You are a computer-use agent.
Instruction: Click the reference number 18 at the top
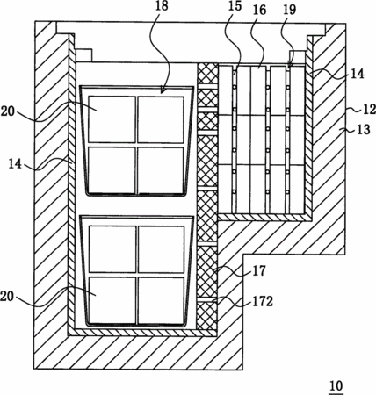tap(162, 6)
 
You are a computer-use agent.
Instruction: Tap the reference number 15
tap(235, 6)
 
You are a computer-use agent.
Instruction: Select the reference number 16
tap(259, 10)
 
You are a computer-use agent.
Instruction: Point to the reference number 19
tap(289, 9)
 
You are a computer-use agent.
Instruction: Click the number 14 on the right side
tap(358, 74)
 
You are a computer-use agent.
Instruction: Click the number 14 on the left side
tap(15, 164)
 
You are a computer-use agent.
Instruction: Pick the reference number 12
tap(369, 110)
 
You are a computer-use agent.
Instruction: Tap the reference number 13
tap(364, 129)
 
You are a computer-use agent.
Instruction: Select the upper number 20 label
tap(8, 111)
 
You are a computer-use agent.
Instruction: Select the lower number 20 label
tap(8, 297)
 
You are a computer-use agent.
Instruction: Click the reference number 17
tap(259, 270)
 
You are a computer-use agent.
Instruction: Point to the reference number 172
tap(263, 301)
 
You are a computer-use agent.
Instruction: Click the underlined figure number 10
tap(336, 386)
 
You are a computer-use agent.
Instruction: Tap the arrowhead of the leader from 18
tap(162, 91)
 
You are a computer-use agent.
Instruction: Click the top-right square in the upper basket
tap(161, 119)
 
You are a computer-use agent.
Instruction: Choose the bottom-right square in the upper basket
tap(161, 170)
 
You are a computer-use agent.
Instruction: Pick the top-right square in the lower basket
tap(161, 249)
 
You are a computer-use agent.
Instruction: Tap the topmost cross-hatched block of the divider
tap(207, 73)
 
